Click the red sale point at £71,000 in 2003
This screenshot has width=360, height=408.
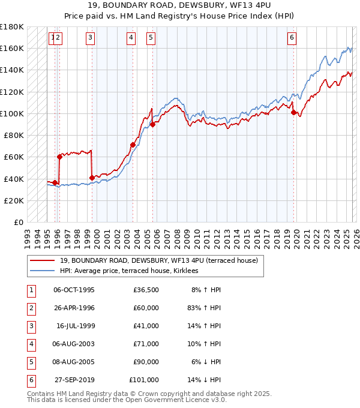pyautogui.click(x=133, y=145)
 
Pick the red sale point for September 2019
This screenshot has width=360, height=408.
pyautogui.click(x=293, y=112)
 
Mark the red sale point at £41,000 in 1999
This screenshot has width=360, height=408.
pyautogui.click(x=92, y=178)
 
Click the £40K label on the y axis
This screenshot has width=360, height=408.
pyautogui.click(x=14, y=179)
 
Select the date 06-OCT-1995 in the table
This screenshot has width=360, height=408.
pyautogui.click(x=74, y=289)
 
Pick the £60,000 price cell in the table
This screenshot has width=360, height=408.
pyautogui.click(x=146, y=308)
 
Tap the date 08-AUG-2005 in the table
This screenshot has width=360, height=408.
pyautogui.click(x=74, y=362)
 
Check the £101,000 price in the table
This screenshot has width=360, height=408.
pyautogui.click(x=144, y=380)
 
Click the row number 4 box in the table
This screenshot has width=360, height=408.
pyautogui.click(x=30, y=344)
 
